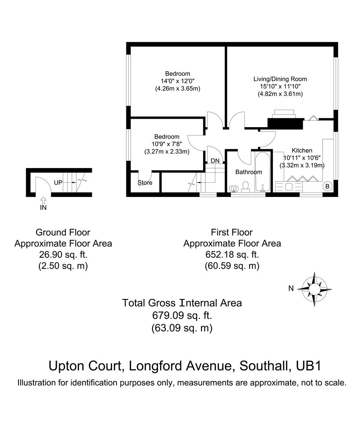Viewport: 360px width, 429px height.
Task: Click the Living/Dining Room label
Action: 280,79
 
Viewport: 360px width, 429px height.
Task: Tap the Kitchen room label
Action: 302,151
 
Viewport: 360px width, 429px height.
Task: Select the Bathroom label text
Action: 249,172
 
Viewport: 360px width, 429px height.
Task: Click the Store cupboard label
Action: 145,183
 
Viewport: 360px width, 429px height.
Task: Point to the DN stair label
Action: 215,160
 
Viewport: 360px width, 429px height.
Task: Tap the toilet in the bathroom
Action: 245,186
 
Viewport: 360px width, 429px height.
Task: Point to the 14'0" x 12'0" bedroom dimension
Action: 177,81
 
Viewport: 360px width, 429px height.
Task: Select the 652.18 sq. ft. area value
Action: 232,255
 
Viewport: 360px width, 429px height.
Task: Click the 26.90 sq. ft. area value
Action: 63,255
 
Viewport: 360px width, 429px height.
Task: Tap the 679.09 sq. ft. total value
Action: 182,316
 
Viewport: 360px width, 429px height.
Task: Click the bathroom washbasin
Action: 234,188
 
